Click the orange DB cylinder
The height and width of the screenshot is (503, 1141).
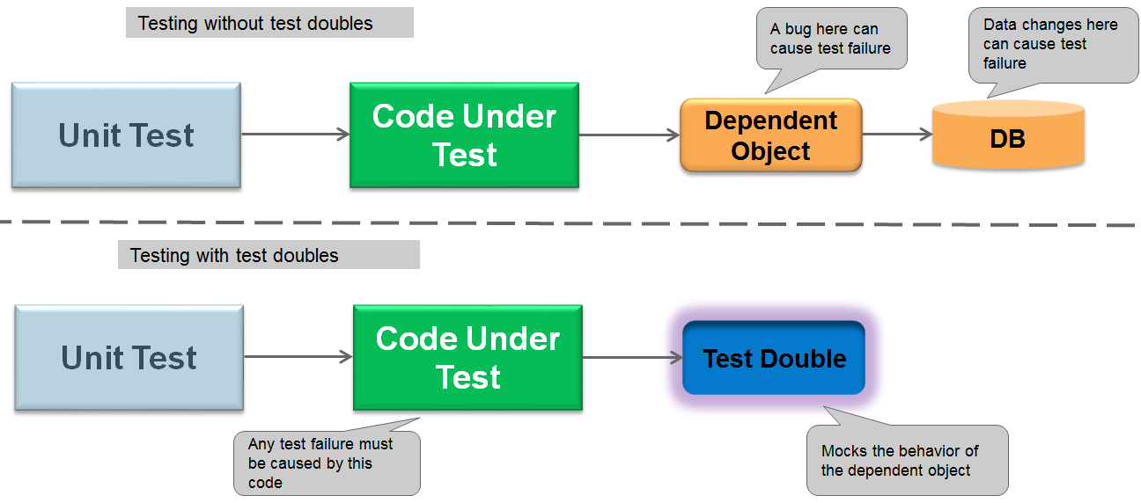[1008, 135]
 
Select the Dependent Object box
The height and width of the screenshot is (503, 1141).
[770, 135]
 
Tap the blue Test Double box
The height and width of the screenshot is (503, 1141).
[774, 358]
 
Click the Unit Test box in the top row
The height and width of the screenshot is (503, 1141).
[126, 135]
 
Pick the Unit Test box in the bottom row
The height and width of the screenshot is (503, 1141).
[129, 358]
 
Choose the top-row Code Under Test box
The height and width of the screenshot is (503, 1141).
[464, 135]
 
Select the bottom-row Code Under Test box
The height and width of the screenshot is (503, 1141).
[467, 358]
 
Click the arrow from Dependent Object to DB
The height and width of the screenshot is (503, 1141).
[897, 135]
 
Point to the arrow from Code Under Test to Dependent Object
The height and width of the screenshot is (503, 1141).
[629, 135]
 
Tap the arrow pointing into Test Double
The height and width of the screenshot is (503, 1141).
[633, 358]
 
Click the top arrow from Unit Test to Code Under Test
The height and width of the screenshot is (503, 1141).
[296, 135]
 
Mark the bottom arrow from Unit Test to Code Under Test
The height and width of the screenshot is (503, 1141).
[298, 356]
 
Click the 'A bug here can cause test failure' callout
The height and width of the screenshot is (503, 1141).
[831, 39]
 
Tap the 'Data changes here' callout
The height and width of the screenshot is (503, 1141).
[1053, 45]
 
